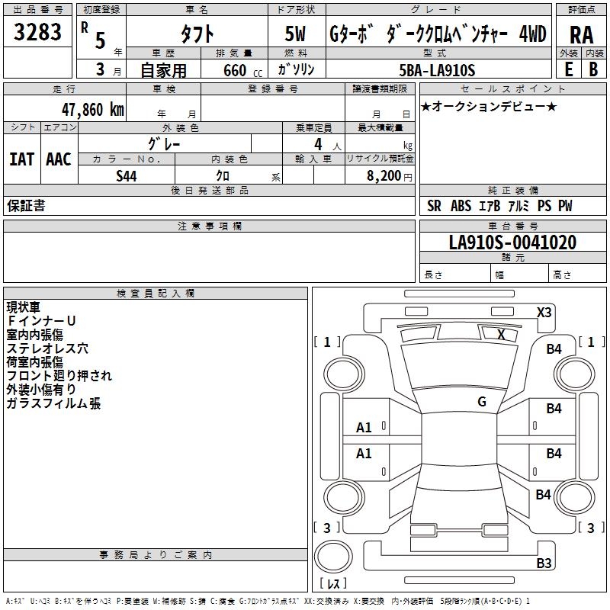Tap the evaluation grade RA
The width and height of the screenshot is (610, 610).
581,35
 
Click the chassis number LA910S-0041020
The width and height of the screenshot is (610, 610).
512,242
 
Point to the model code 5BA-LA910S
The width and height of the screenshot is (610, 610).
437,70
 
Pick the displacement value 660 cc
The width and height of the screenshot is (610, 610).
232,70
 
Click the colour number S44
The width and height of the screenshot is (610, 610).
127,175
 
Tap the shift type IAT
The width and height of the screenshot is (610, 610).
21,159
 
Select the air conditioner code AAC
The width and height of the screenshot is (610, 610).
58,159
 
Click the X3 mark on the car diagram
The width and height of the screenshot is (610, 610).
544,312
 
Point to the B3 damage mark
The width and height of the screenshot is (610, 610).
544,563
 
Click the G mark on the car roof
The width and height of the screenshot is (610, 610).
482,401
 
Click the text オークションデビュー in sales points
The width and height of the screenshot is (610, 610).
490,106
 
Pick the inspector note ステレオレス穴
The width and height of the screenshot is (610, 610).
47,348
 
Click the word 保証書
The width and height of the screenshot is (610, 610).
26,206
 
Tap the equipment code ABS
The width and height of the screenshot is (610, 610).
461,206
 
